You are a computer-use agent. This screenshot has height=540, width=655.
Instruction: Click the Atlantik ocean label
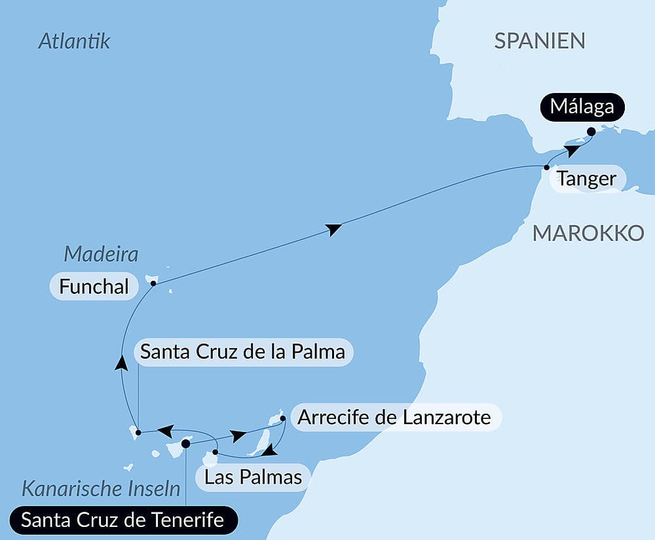(x=74, y=41)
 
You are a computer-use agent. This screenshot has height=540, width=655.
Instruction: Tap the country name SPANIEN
(x=539, y=41)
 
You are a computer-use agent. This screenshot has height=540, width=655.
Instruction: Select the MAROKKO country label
(x=588, y=232)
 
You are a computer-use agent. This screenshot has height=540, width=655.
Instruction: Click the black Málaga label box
(x=582, y=106)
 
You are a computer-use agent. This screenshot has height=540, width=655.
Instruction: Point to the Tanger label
(x=586, y=179)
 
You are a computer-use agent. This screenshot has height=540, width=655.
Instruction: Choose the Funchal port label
(x=94, y=287)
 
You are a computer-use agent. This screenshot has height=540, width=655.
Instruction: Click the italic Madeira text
(x=101, y=254)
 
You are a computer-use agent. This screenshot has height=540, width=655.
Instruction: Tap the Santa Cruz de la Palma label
(x=244, y=352)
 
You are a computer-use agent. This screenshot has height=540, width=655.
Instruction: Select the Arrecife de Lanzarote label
(x=394, y=418)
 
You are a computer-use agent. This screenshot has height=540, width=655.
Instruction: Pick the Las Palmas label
(x=253, y=477)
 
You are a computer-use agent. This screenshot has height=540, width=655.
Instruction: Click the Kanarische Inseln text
(x=101, y=488)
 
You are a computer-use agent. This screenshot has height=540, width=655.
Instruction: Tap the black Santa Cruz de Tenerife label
(x=122, y=521)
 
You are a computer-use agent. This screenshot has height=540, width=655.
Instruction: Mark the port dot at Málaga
(x=591, y=132)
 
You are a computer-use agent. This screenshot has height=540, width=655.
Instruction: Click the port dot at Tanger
(x=546, y=168)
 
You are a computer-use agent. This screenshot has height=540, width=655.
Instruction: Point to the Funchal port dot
(x=153, y=283)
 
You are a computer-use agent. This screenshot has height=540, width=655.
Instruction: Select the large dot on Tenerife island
(x=185, y=444)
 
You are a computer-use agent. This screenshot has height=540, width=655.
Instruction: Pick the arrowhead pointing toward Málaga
(x=572, y=151)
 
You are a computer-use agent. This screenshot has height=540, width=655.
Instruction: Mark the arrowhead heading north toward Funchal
(x=121, y=363)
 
